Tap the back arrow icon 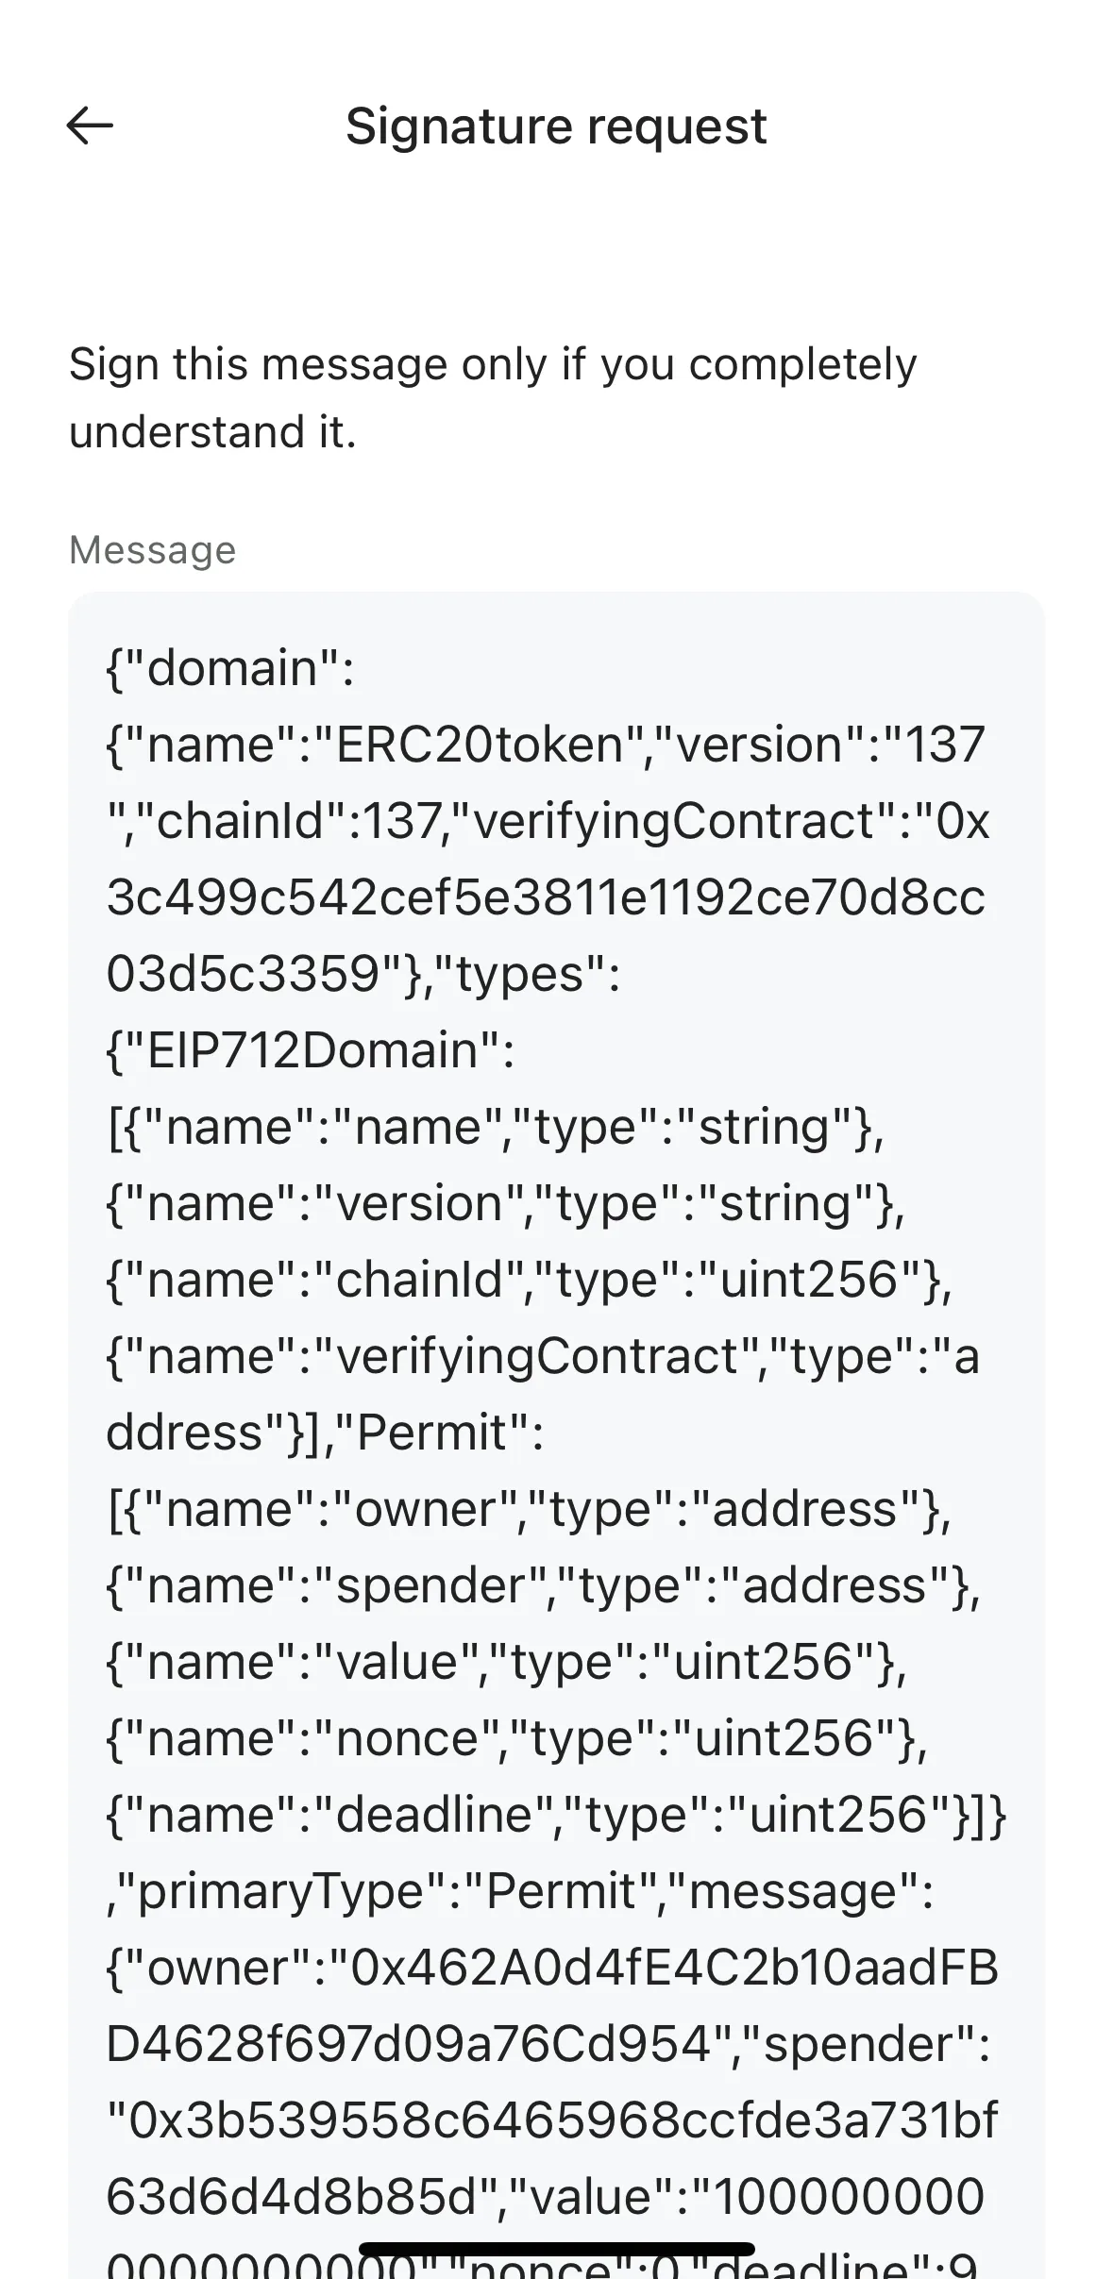click(x=90, y=126)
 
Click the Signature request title click(x=556, y=126)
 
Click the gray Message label click(x=152, y=549)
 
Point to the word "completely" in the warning click(x=802, y=364)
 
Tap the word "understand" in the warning click(x=175, y=432)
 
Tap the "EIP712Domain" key click(x=312, y=1049)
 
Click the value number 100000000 click(x=850, y=2196)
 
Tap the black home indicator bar click(x=556, y=2249)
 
